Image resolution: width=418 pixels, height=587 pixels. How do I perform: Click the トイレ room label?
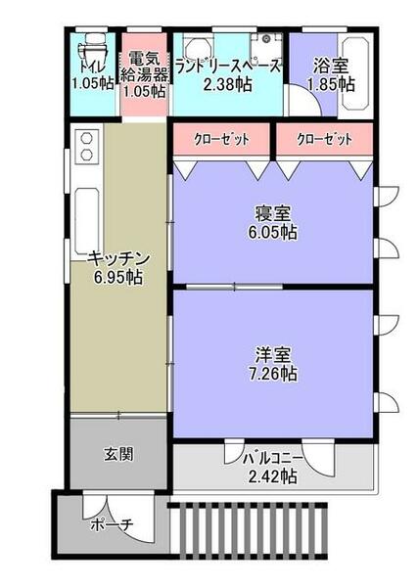click(x=92, y=67)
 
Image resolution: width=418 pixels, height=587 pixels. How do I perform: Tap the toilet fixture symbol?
click(x=93, y=44)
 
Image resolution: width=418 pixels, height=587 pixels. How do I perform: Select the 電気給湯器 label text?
click(x=143, y=67)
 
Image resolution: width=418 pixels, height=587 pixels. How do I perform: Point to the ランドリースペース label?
click(x=227, y=67)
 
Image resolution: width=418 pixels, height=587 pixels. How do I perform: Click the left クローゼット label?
click(x=221, y=140)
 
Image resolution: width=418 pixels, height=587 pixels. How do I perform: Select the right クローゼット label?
click(x=324, y=140)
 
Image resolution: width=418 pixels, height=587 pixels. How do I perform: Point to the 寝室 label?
click(x=272, y=214)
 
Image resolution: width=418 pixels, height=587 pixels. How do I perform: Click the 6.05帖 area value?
click(x=272, y=234)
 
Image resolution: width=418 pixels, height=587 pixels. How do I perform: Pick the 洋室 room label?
click(x=272, y=354)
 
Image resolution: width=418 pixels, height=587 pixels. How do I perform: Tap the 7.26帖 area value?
click(x=272, y=374)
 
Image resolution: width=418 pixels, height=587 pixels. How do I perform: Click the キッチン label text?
click(x=117, y=258)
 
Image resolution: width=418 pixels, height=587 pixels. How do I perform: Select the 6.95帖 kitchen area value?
click(x=117, y=278)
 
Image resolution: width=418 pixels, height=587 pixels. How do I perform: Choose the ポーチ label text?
click(x=111, y=524)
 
